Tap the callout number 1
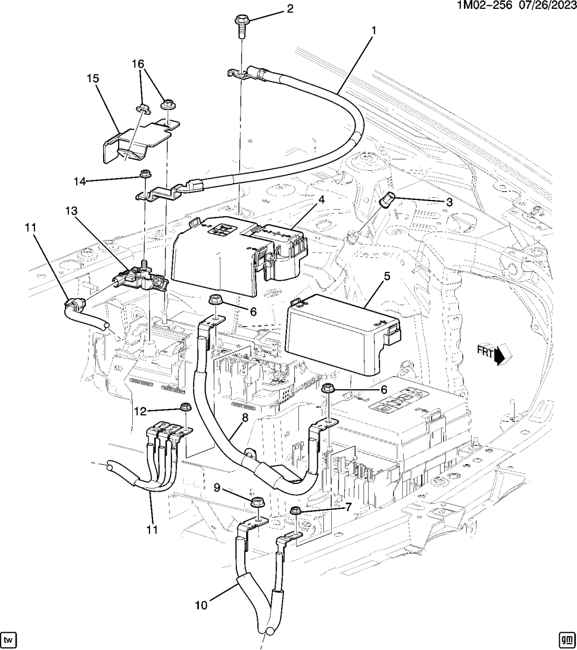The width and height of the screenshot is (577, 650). [373, 31]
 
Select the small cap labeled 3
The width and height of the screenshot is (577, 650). [388, 199]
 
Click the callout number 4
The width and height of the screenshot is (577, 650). [321, 200]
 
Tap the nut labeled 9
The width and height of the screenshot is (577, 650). [257, 502]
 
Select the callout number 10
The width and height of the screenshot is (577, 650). [202, 605]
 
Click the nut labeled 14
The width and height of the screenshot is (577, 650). [144, 173]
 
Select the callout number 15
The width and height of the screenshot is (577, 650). [93, 79]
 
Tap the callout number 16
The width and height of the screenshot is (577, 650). [137, 64]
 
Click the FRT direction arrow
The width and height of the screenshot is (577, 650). [495, 355]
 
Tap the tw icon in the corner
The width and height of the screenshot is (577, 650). [8, 639]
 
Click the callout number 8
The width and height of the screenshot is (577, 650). [245, 418]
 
